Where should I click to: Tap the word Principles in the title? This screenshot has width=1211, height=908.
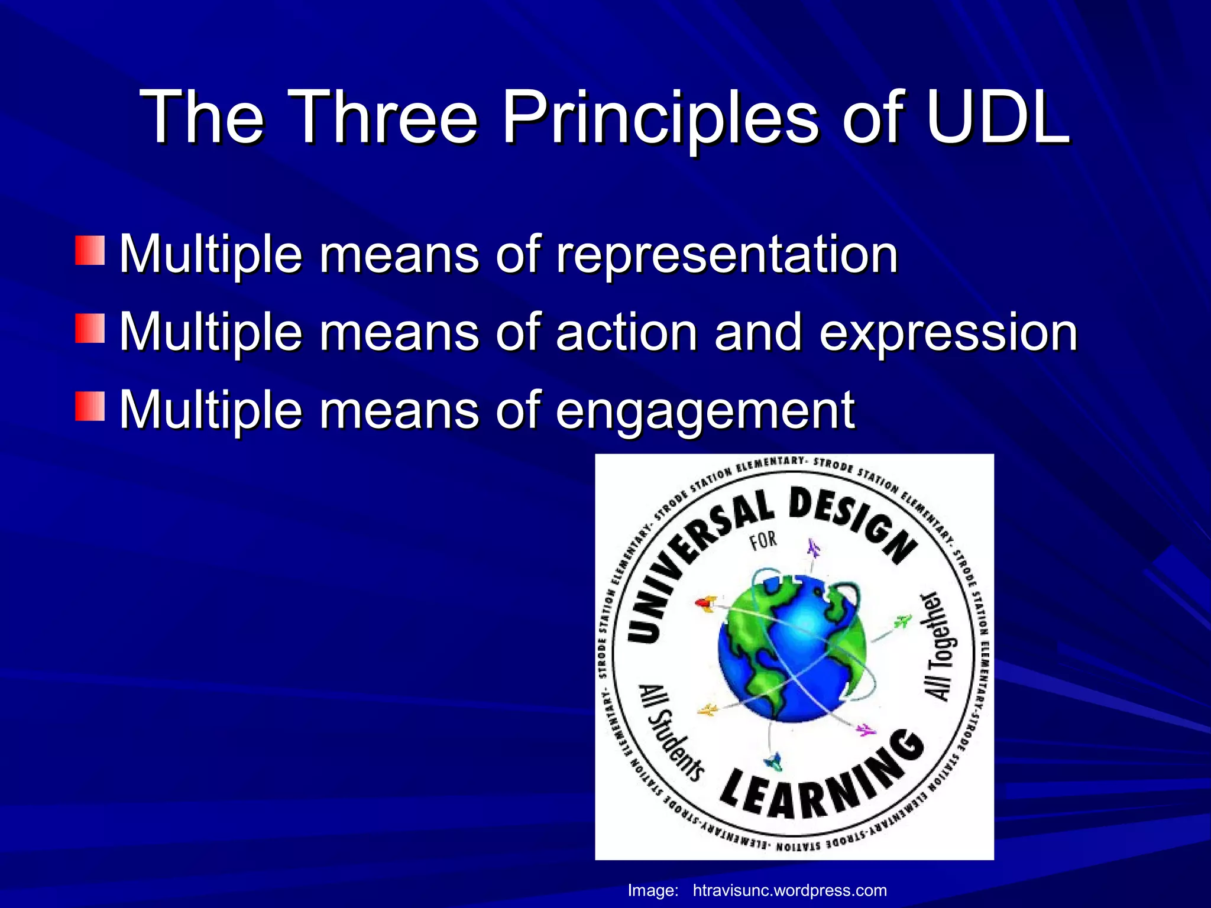660,118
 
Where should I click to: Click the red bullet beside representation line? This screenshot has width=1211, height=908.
90,251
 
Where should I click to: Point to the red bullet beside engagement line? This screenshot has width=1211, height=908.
90,406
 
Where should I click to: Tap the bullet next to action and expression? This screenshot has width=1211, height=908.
90,328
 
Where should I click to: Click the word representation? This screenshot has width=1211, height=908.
727,255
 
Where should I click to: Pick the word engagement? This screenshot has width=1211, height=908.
704,411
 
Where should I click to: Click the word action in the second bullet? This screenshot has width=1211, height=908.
627,332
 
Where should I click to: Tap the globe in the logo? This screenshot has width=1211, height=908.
792,647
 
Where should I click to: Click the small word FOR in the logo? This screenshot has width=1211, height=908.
763,540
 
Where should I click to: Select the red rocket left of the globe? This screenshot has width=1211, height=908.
705,604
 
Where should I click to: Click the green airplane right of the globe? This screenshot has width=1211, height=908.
902,621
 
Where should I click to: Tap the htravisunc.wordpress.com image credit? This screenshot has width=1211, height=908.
789,890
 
